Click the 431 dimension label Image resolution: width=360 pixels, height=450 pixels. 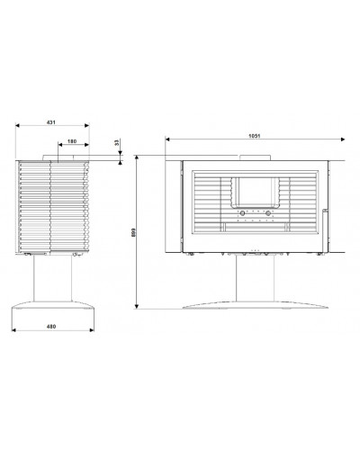coord(51,122)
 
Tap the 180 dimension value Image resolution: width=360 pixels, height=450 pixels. coord(72,141)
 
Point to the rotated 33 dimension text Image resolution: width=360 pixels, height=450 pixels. coord(117,142)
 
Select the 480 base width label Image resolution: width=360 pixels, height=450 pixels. coord(51,327)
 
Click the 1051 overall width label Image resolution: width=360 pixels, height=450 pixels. coord(255,136)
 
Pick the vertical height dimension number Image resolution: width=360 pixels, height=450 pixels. coord(134,232)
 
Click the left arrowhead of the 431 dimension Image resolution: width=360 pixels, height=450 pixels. coord(17,125)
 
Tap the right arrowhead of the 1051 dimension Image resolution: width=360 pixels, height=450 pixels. coord(343,139)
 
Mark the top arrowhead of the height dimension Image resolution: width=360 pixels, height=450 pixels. coord(137,157)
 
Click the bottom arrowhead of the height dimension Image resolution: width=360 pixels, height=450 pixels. coord(137,306)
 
